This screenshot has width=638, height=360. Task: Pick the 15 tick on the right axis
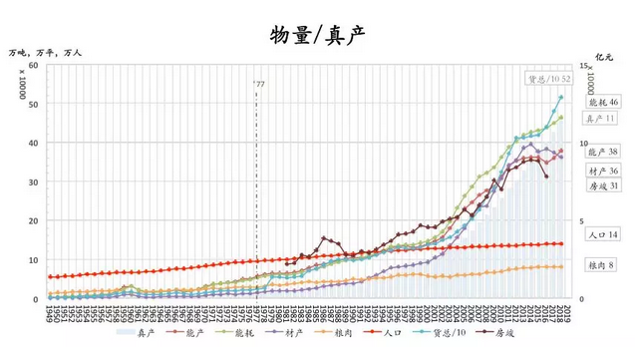coord(582,66)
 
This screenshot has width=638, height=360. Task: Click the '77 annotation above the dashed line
coord(258,85)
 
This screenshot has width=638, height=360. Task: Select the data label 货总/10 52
coord(549,79)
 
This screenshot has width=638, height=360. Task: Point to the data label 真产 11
coord(602,119)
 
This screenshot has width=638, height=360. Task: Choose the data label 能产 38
coord(603,153)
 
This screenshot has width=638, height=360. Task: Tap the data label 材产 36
coord(603,171)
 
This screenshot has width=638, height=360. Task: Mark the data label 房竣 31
coord(603,186)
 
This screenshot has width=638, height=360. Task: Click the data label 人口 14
coord(603,235)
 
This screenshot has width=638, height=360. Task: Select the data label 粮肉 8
coord(601,266)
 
